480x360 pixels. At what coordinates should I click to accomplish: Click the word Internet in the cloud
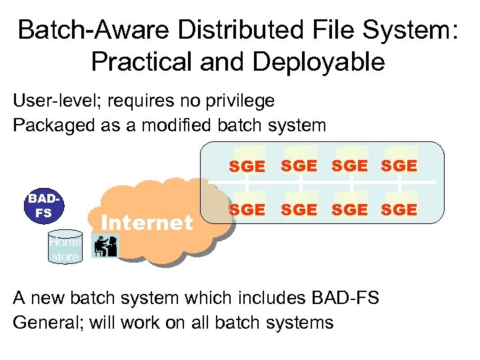[147, 222]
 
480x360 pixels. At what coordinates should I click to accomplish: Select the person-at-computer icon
[104, 247]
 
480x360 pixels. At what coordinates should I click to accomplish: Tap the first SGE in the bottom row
[246, 210]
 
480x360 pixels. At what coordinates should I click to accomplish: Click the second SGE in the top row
[299, 166]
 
